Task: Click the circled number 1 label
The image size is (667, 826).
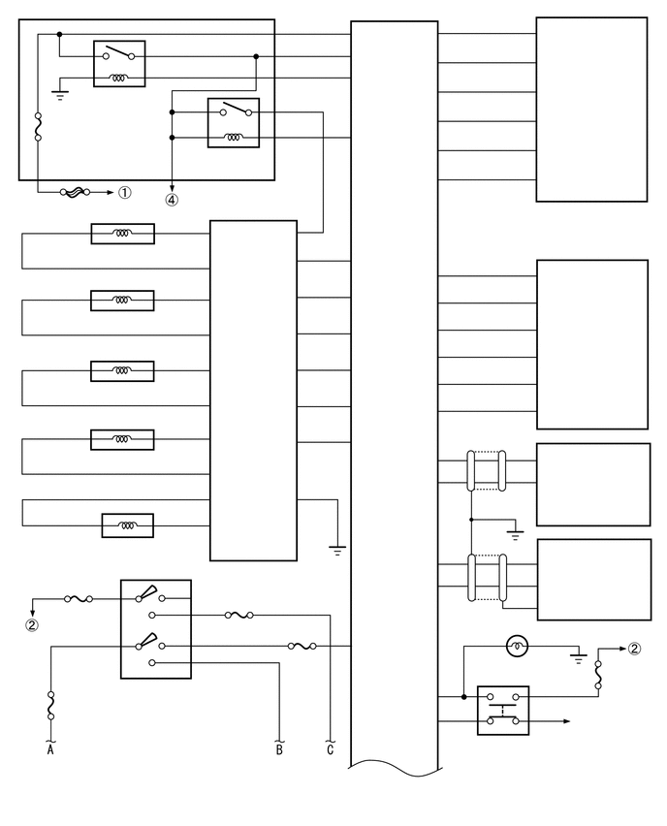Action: pyautogui.click(x=124, y=193)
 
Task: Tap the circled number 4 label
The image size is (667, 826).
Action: pyautogui.click(x=172, y=200)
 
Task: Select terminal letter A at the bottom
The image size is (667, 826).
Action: pyautogui.click(x=50, y=749)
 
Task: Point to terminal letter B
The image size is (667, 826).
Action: pyautogui.click(x=279, y=749)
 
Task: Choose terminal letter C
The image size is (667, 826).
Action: pyautogui.click(x=331, y=749)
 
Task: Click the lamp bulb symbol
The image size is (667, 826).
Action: pyautogui.click(x=517, y=647)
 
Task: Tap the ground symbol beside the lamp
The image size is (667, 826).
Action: pyautogui.click(x=579, y=657)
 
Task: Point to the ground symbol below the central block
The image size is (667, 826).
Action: pyautogui.click(x=337, y=550)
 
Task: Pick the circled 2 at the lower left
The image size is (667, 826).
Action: pyautogui.click(x=32, y=625)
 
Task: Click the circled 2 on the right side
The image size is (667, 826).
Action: pyautogui.click(x=634, y=649)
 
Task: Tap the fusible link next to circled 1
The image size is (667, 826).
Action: pyautogui.click(x=76, y=192)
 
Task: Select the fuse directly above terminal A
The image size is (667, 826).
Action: pyautogui.click(x=50, y=706)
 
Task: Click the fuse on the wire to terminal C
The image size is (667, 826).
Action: pyautogui.click(x=238, y=615)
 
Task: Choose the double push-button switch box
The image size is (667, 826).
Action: pyautogui.click(x=503, y=710)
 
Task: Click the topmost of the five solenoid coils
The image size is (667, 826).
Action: pyautogui.click(x=123, y=234)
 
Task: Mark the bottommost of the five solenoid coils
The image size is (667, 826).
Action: pyautogui.click(x=128, y=525)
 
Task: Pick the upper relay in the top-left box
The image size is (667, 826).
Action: pyautogui.click(x=119, y=64)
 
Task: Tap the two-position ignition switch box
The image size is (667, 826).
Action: pyautogui.click(x=156, y=629)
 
